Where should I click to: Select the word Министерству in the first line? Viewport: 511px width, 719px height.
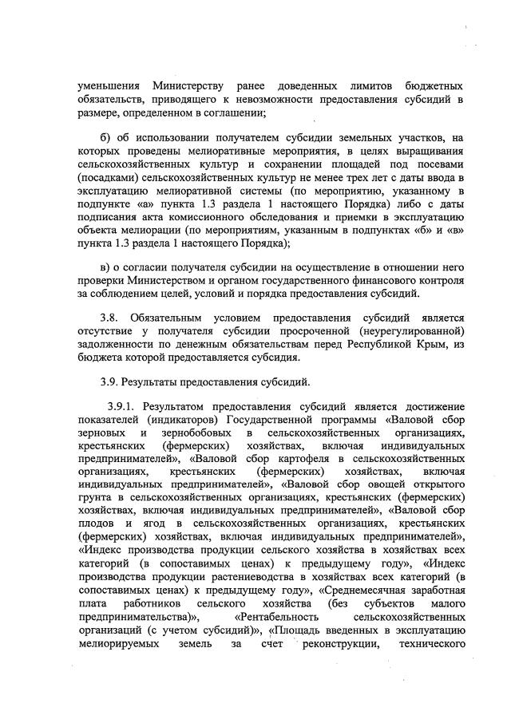(185, 85)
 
